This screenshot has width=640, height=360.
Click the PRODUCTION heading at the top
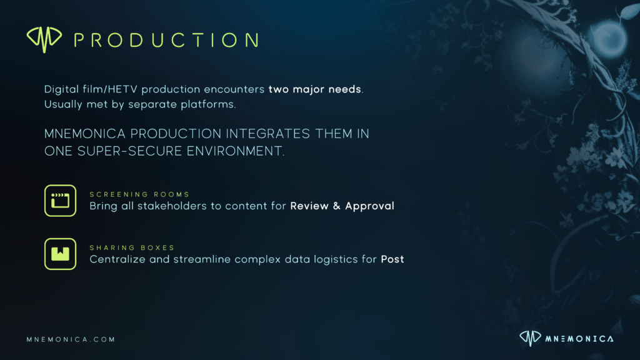[166, 40]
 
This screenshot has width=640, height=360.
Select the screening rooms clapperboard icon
[60, 201]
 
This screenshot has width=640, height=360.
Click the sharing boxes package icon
[60, 254]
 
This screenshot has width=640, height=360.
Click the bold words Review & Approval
[342, 206]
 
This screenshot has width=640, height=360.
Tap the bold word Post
[392, 259]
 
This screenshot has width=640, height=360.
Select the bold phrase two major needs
[315, 89]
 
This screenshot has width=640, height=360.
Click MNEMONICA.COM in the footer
[71, 339]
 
